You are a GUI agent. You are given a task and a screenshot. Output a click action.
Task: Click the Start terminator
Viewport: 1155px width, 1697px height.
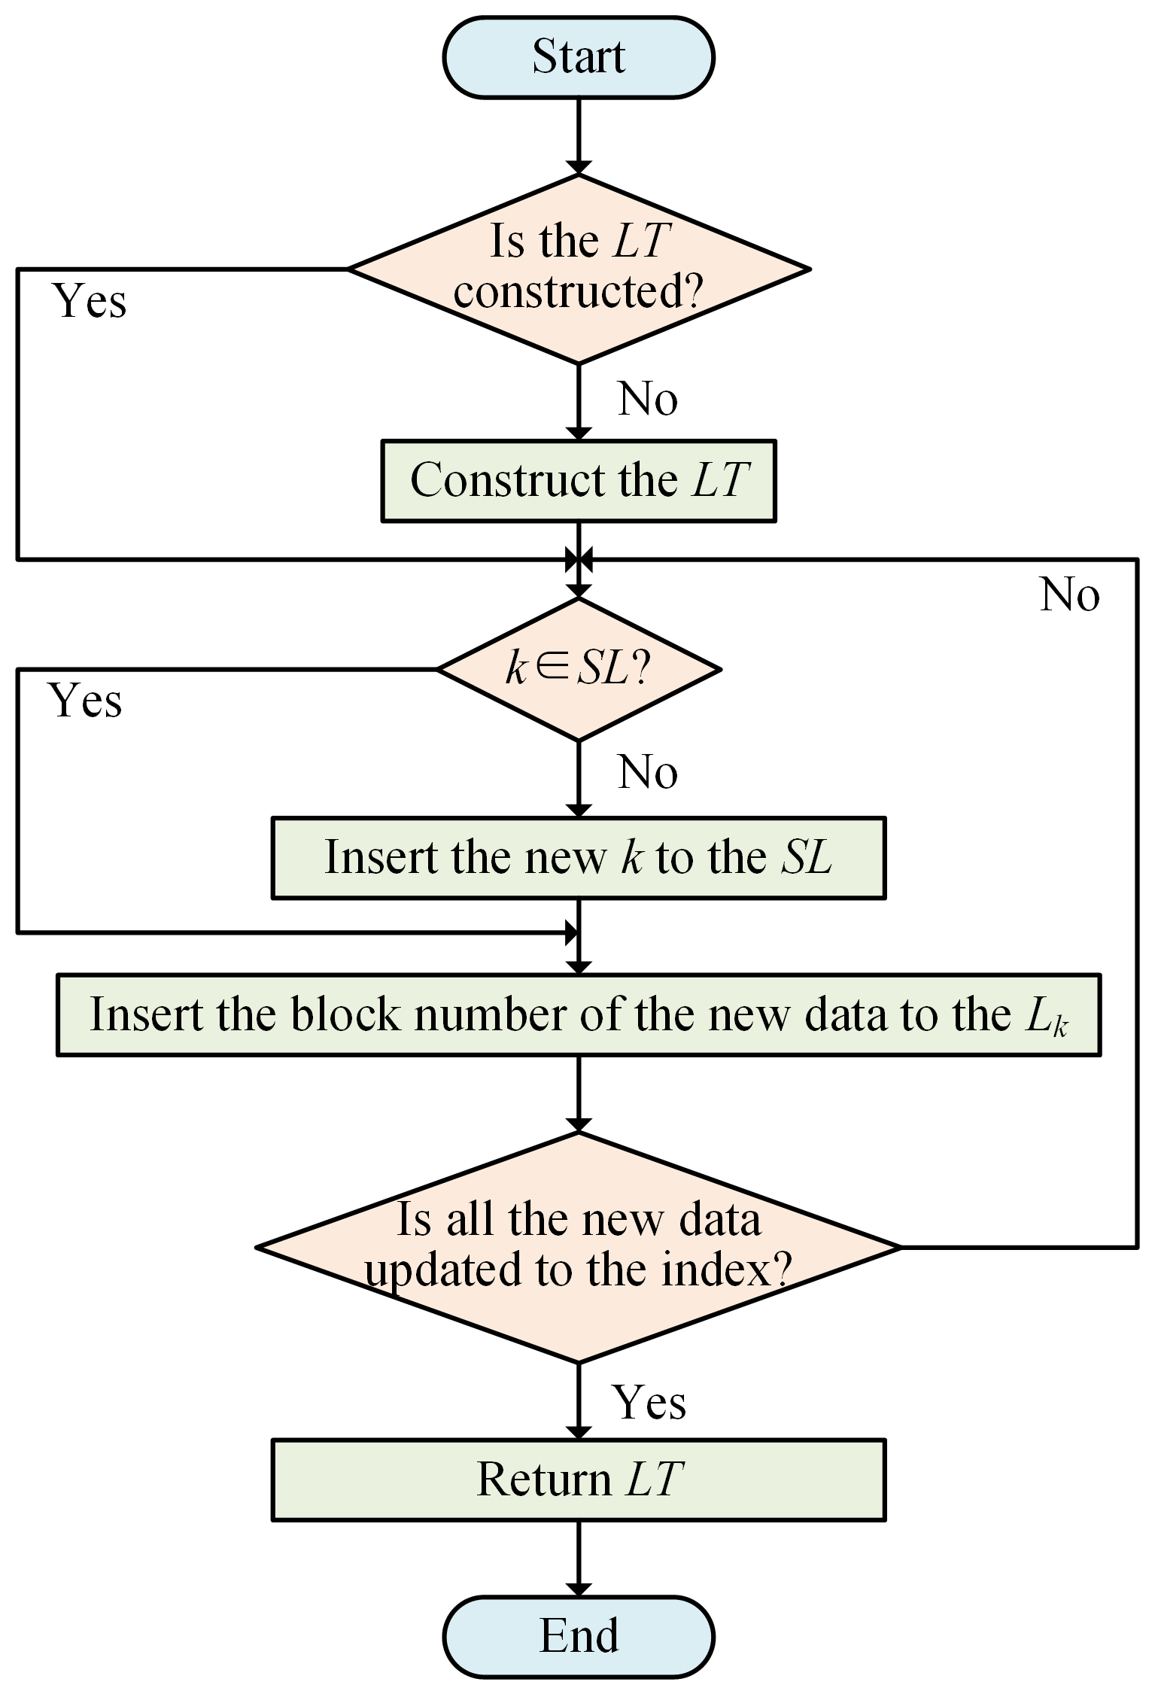point(578,58)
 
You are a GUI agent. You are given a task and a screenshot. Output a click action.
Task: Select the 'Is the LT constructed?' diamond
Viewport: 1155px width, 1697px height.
point(578,269)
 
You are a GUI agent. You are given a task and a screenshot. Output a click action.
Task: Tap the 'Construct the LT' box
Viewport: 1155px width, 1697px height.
point(578,481)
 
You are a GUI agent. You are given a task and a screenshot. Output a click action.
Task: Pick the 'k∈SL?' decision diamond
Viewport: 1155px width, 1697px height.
point(578,669)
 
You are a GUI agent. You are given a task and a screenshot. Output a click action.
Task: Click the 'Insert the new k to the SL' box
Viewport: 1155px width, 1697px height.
point(578,858)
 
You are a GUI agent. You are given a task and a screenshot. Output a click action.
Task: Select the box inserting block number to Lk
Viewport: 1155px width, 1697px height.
point(578,1015)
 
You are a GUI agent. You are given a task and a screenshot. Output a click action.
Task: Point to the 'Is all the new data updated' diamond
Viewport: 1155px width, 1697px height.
point(578,1247)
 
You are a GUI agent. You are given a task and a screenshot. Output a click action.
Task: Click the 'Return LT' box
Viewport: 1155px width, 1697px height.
point(578,1480)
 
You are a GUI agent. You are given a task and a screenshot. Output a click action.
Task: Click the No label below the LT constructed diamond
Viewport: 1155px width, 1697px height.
point(647,399)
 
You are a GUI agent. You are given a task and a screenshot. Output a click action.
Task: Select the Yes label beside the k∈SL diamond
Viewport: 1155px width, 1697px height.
point(86,701)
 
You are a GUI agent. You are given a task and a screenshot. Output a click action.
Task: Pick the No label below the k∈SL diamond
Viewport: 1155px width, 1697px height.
point(647,773)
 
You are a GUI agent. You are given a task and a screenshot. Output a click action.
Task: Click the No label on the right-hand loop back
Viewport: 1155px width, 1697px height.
point(1069,595)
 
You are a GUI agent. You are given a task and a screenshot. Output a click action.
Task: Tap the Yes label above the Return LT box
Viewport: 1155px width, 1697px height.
point(649,1403)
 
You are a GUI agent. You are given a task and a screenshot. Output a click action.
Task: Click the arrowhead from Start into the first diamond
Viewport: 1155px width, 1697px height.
point(578,167)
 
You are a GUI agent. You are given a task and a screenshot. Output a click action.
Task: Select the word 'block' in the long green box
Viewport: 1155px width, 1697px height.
point(345,1015)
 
